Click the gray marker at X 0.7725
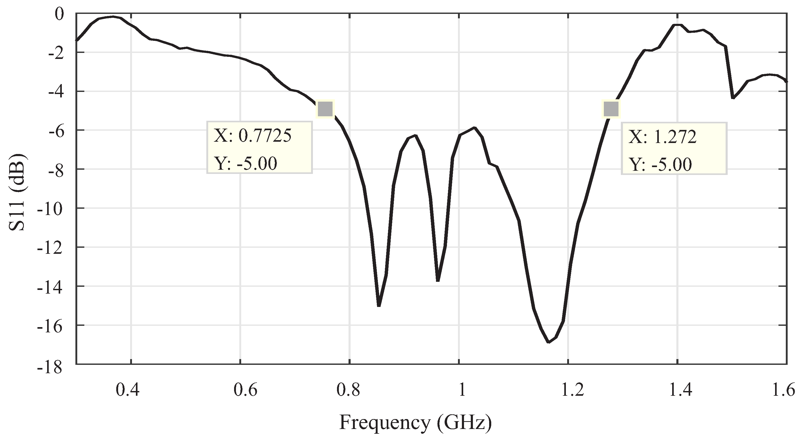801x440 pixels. pos(325,109)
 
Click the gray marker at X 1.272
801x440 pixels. pos(611,109)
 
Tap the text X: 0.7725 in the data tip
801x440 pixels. pos(252,136)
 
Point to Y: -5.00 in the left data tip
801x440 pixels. pos(245,163)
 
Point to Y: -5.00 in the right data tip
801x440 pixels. pos(660,164)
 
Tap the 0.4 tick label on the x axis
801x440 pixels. pos(128,390)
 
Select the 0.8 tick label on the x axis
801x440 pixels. pos(348,390)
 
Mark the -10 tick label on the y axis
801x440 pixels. pos(49,208)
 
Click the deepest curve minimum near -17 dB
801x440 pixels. pos(548,342)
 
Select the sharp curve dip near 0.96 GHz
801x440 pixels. pos(438,280)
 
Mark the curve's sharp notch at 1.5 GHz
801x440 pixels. pos(733,98)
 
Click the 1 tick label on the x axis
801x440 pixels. pos(462,390)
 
